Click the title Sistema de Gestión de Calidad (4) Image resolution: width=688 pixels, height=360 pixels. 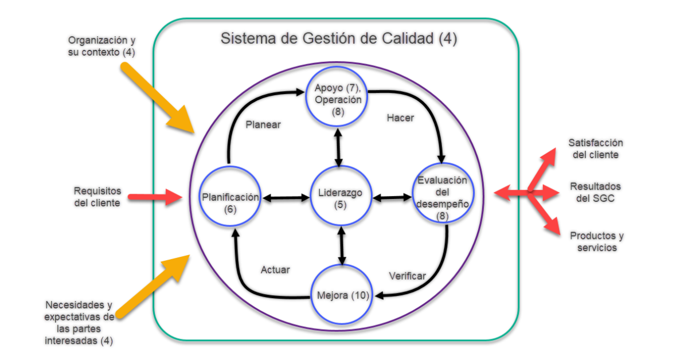(x=339, y=40)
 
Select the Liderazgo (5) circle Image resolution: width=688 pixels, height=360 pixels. (x=341, y=198)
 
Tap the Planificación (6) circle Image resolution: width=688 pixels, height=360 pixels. (x=230, y=198)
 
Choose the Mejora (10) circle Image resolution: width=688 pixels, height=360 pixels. (x=343, y=296)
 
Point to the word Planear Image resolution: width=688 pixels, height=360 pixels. (x=263, y=124)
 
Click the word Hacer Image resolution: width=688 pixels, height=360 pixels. (x=400, y=118)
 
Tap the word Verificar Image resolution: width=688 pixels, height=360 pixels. (x=407, y=276)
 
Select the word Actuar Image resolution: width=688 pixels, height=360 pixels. (x=275, y=269)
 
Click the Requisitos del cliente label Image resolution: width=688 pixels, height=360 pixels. (x=97, y=197)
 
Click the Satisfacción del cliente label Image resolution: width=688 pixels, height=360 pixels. (x=596, y=148)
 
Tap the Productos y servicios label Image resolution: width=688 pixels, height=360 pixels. (x=597, y=241)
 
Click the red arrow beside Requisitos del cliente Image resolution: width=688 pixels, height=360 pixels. (x=154, y=197)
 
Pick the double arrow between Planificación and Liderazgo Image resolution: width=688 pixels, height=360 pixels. (x=286, y=198)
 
